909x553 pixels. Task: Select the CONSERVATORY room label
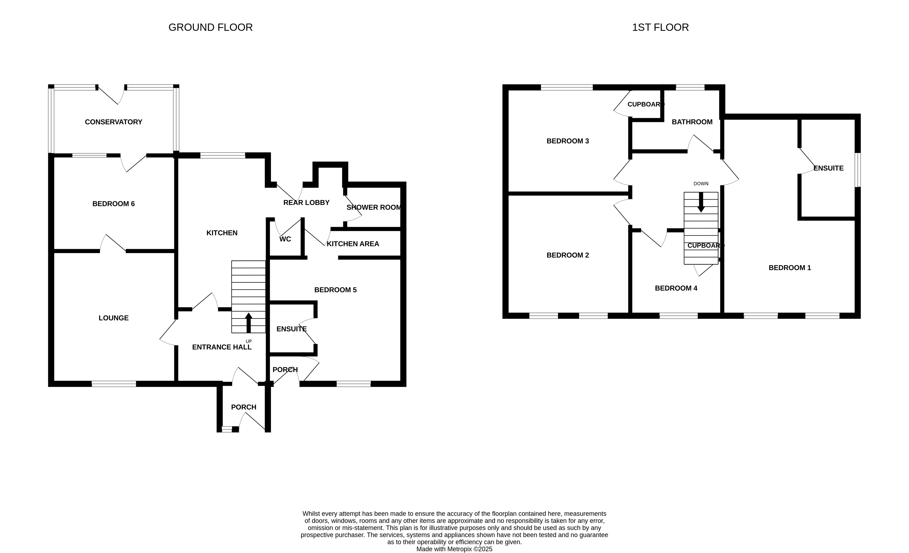(114, 122)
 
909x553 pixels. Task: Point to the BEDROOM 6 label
(114, 204)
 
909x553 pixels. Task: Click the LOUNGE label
(114, 318)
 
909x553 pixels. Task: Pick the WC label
(285, 239)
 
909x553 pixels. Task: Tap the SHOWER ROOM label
(374, 207)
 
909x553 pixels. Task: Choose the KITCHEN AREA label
(353, 244)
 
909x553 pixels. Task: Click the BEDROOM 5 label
(335, 290)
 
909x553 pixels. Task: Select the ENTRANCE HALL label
(222, 347)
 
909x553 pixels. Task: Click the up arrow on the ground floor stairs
(249, 323)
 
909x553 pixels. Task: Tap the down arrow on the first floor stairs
(701, 202)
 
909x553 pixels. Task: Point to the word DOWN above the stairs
(701, 184)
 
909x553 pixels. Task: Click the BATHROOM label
(692, 122)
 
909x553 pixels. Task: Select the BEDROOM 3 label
(568, 141)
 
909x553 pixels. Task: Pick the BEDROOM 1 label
(790, 268)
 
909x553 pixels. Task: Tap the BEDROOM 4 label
(676, 288)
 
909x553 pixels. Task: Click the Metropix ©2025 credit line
(455, 549)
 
